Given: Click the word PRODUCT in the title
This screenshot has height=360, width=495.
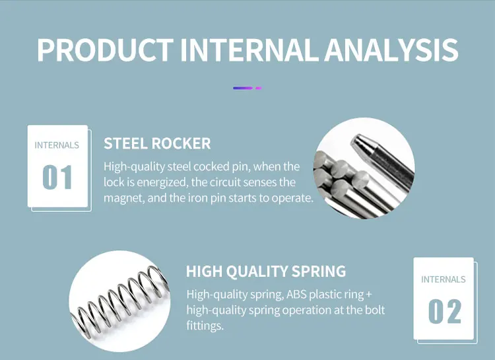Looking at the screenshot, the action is [x=105, y=50].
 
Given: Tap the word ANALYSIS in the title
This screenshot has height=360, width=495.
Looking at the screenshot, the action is [x=391, y=50].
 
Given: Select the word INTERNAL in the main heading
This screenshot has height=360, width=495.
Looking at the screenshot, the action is [x=249, y=50].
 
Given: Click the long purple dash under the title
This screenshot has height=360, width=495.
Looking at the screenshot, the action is [x=243, y=88].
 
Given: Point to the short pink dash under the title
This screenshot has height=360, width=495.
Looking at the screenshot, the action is [x=259, y=88].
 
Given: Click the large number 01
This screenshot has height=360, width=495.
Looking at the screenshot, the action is [x=57, y=177].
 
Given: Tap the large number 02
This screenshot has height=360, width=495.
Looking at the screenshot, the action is [x=444, y=311].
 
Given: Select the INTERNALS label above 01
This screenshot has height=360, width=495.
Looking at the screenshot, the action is [x=57, y=145].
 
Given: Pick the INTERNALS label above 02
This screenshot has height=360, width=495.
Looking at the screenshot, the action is [x=444, y=279].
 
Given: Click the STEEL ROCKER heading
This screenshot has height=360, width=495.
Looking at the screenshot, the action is [x=157, y=143].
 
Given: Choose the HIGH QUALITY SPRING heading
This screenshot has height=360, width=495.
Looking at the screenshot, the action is [x=266, y=271].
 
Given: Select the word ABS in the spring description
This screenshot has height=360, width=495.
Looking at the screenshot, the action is [x=296, y=294].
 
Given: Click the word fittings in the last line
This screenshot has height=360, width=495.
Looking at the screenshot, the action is [x=205, y=326].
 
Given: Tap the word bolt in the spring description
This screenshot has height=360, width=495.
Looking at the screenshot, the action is [x=374, y=309].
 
